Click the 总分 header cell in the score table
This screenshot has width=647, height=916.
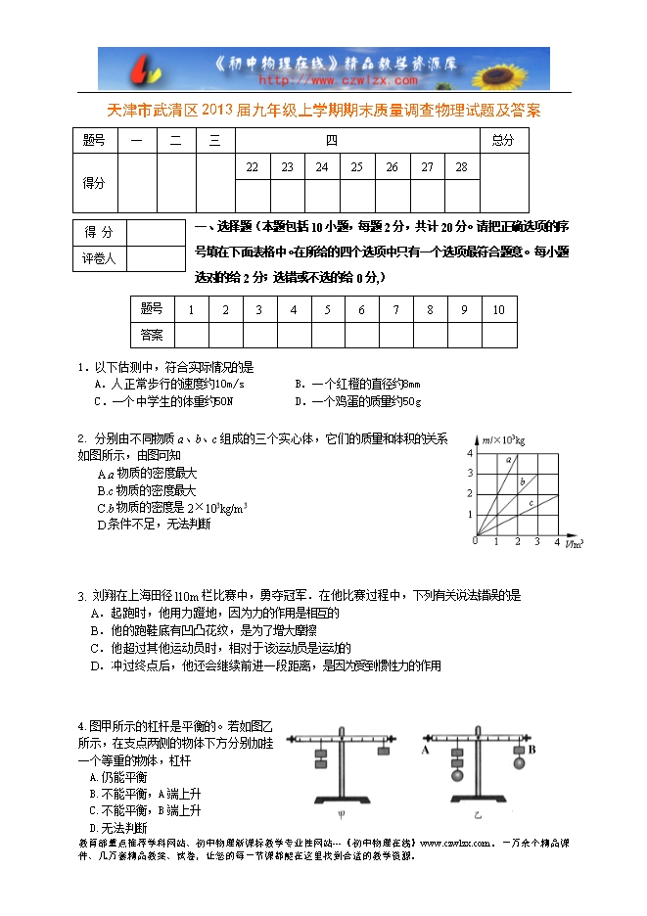coord(502,140)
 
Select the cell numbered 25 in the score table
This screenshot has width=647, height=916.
coord(356,167)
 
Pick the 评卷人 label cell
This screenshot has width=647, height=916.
coord(99,259)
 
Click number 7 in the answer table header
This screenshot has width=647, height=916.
coord(395,310)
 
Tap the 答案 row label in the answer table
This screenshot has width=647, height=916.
coord(152,335)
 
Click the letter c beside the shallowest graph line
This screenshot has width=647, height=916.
coord(531,503)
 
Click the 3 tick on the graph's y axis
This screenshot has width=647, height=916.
coord(469,474)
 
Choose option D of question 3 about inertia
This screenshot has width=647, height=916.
coord(264,666)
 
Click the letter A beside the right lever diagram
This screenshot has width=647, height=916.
coord(426,751)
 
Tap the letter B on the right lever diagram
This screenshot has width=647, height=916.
coord(532,751)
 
